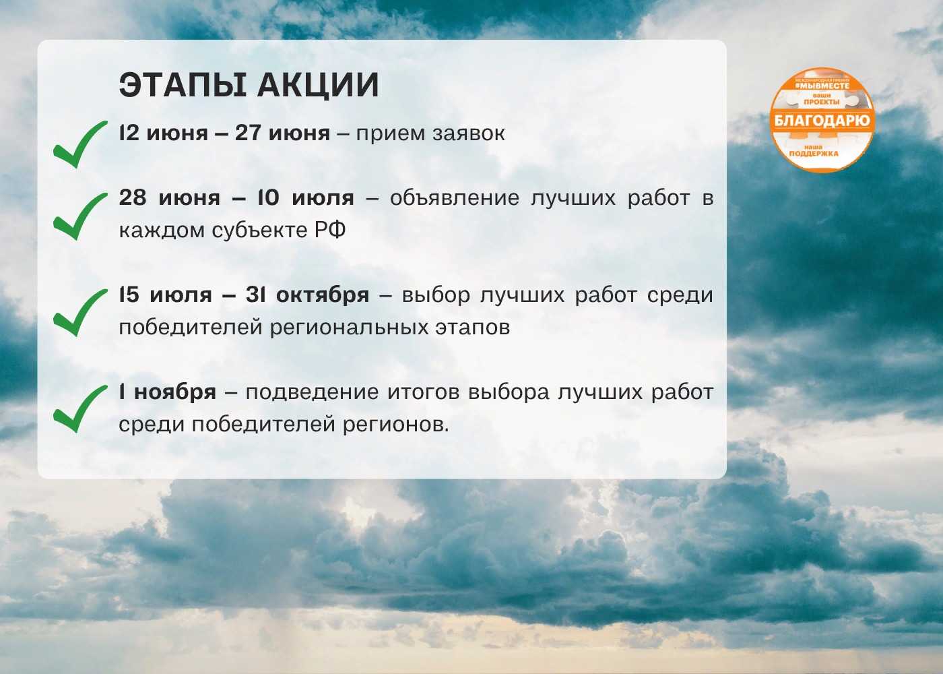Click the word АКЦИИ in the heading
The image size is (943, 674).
click(x=318, y=86)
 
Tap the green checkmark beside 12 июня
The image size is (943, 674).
click(x=80, y=144)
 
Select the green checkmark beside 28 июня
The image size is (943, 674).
click(x=80, y=216)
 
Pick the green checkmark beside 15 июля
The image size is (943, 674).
click(x=80, y=313)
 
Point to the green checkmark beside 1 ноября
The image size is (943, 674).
click(x=80, y=408)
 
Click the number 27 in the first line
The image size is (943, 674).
click(x=248, y=133)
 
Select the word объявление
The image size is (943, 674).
click(x=455, y=198)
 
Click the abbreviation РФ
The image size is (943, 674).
click(x=330, y=230)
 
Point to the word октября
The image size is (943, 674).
click(x=323, y=296)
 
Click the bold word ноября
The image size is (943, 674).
click(x=175, y=392)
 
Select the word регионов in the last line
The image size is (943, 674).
click(x=396, y=425)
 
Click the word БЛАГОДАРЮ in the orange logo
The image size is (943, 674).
click(x=822, y=121)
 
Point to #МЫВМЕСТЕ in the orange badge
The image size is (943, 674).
click(x=822, y=86)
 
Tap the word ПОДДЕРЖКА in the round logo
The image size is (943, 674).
click(x=814, y=154)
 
